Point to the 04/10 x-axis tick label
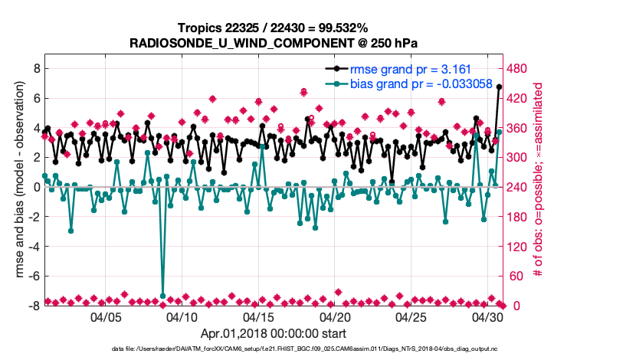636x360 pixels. coord(182,317)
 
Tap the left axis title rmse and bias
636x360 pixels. coord(18,187)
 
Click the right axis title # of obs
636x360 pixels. coord(539,187)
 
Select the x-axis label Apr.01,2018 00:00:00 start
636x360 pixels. coord(274,333)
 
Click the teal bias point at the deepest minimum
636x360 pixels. coord(162,296)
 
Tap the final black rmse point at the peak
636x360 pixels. coord(499,87)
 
